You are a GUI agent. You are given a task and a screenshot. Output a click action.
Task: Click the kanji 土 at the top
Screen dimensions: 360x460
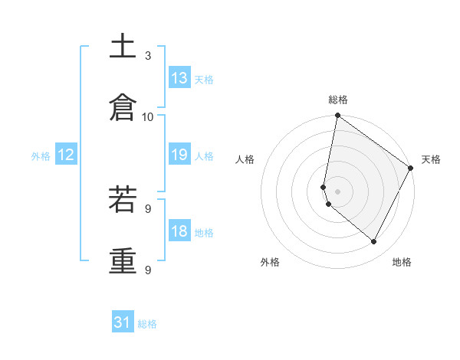click(x=123, y=47)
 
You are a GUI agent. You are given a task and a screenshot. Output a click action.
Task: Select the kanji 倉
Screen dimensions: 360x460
click(x=123, y=108)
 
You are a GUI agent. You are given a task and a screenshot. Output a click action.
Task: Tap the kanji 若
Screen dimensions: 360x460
click(x=123, y=201)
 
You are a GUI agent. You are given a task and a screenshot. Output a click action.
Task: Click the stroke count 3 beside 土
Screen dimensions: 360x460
click(x=148, y=55)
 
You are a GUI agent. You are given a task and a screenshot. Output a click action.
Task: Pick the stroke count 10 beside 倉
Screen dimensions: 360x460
click(x=148, y=116)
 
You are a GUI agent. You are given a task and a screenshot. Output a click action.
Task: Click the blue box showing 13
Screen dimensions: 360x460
click(x=179, y=78)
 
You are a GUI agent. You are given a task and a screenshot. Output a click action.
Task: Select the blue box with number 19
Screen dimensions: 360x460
click(x=179, y=155)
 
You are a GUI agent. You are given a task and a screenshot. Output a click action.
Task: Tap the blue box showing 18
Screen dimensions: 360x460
click(x=179, y=231)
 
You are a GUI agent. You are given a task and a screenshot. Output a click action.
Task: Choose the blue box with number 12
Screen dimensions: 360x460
click(x=66, y=155)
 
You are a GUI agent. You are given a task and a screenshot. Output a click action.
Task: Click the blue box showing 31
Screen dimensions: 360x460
click(x=123, y=322)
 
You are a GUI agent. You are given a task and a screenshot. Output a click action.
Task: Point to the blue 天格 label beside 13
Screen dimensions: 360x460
click(x=204, y=80)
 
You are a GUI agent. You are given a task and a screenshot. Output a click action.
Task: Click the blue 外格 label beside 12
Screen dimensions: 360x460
click(x=41, y=156)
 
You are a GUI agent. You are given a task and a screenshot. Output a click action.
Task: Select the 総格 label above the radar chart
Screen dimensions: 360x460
click(x=338, y=100)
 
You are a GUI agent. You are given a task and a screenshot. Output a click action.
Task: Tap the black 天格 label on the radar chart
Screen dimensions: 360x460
click(x=431, y=159)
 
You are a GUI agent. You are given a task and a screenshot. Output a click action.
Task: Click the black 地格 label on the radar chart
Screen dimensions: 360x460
click(x=402, y=262)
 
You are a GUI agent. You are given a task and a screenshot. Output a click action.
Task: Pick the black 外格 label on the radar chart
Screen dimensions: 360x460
click(x=270, y=262)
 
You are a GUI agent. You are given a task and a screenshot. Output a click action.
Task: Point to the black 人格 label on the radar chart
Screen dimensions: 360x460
click(x=245, y=159)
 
